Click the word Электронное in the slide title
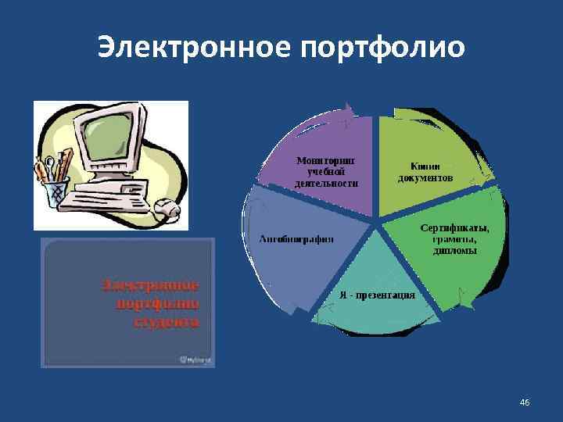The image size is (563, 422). pos(194,48)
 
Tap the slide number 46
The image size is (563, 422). pos(525,402)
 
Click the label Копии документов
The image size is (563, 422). pos(425,172)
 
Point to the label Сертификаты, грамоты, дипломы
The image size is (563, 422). pos(454,239)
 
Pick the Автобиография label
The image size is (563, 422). pos(296,238)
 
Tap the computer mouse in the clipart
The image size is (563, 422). pos(166,209)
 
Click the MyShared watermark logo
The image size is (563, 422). pos(197,359)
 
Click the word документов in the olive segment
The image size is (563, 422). pos(425,177)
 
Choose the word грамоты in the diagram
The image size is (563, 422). pos(454,239)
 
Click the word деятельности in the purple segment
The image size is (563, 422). pos(327,183)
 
